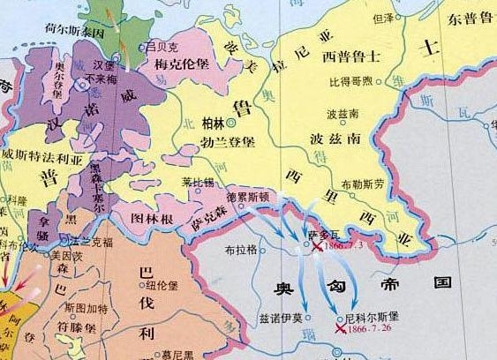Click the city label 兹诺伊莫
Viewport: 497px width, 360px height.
tap(280, 318)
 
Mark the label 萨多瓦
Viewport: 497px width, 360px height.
tap(324, 236)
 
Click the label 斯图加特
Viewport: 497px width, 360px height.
tap(87, 309)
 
